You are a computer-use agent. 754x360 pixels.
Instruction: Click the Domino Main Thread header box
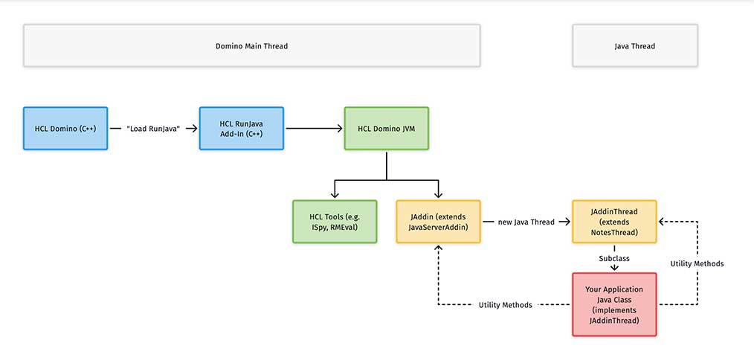pyautogui.click(x=251, y=45)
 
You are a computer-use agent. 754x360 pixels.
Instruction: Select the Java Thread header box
pyautogui.click(x=635, y=45)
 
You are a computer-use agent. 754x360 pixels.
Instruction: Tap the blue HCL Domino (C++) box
pyautogui.click(x=65, y=129)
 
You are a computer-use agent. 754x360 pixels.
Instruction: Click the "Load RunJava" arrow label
pyautogui.click(x=153, y=129)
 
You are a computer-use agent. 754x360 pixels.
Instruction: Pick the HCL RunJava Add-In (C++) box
pyautogui.click(x=242, y=129)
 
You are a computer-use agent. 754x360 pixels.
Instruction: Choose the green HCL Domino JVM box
pyautogui.click(x=387, y=129)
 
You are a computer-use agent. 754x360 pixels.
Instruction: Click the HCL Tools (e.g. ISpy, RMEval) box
pyautogui.click(x=335, y=222)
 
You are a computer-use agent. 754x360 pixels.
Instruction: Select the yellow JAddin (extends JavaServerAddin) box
pyautogui.click(x=438, y=222)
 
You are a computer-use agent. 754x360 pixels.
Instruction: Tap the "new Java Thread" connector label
pyautogui.click(x=526, y=222)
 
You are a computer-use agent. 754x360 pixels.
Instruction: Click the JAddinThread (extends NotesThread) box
pyautogui.click(x=614, y=222)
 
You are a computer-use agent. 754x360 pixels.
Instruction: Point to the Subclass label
pyautogui.click(x=614, y=258)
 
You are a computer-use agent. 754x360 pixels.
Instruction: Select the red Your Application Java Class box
pyautogui.click(x=614, y=304)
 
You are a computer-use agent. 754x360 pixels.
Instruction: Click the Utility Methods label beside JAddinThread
pyautogui.click(x=697, y=264)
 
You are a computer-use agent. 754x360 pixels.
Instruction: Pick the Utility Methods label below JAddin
pyautogui.click(x=506, y=305)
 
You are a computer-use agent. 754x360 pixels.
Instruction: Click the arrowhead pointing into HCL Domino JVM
pyautogui.click(x=340, y=129)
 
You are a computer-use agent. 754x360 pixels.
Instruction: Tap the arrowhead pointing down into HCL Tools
pyautogui.click(x=335, y=194)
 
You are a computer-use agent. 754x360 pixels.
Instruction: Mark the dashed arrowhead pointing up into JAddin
pyautogui.click(x=438, y=248)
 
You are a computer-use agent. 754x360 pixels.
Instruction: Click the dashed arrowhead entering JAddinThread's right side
pyautogui.click(x=662, y=222)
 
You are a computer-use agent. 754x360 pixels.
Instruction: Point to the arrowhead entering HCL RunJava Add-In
pyautogui.click(x=194, y=129)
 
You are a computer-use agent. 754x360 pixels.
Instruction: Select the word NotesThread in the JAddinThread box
pyautogui.click(x=614, y=233)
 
